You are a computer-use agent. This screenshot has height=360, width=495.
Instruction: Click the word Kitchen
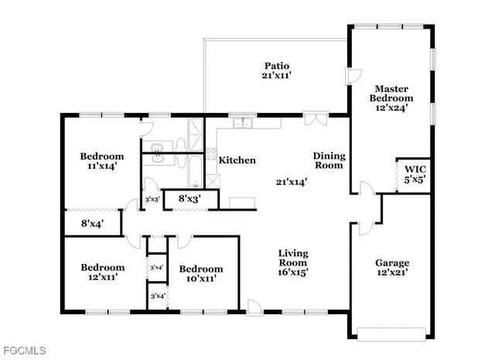(x=237, y=160)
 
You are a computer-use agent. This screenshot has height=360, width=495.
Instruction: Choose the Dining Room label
(x=329, y=160)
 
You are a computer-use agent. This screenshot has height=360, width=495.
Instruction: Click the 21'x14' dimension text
(x=292, y=183)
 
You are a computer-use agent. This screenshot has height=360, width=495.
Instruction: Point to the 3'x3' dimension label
(x=153, y=200)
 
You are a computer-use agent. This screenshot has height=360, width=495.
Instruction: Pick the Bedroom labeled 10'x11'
(x=200, y=273)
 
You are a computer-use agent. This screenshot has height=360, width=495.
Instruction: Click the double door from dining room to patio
(x=316, y=120)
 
